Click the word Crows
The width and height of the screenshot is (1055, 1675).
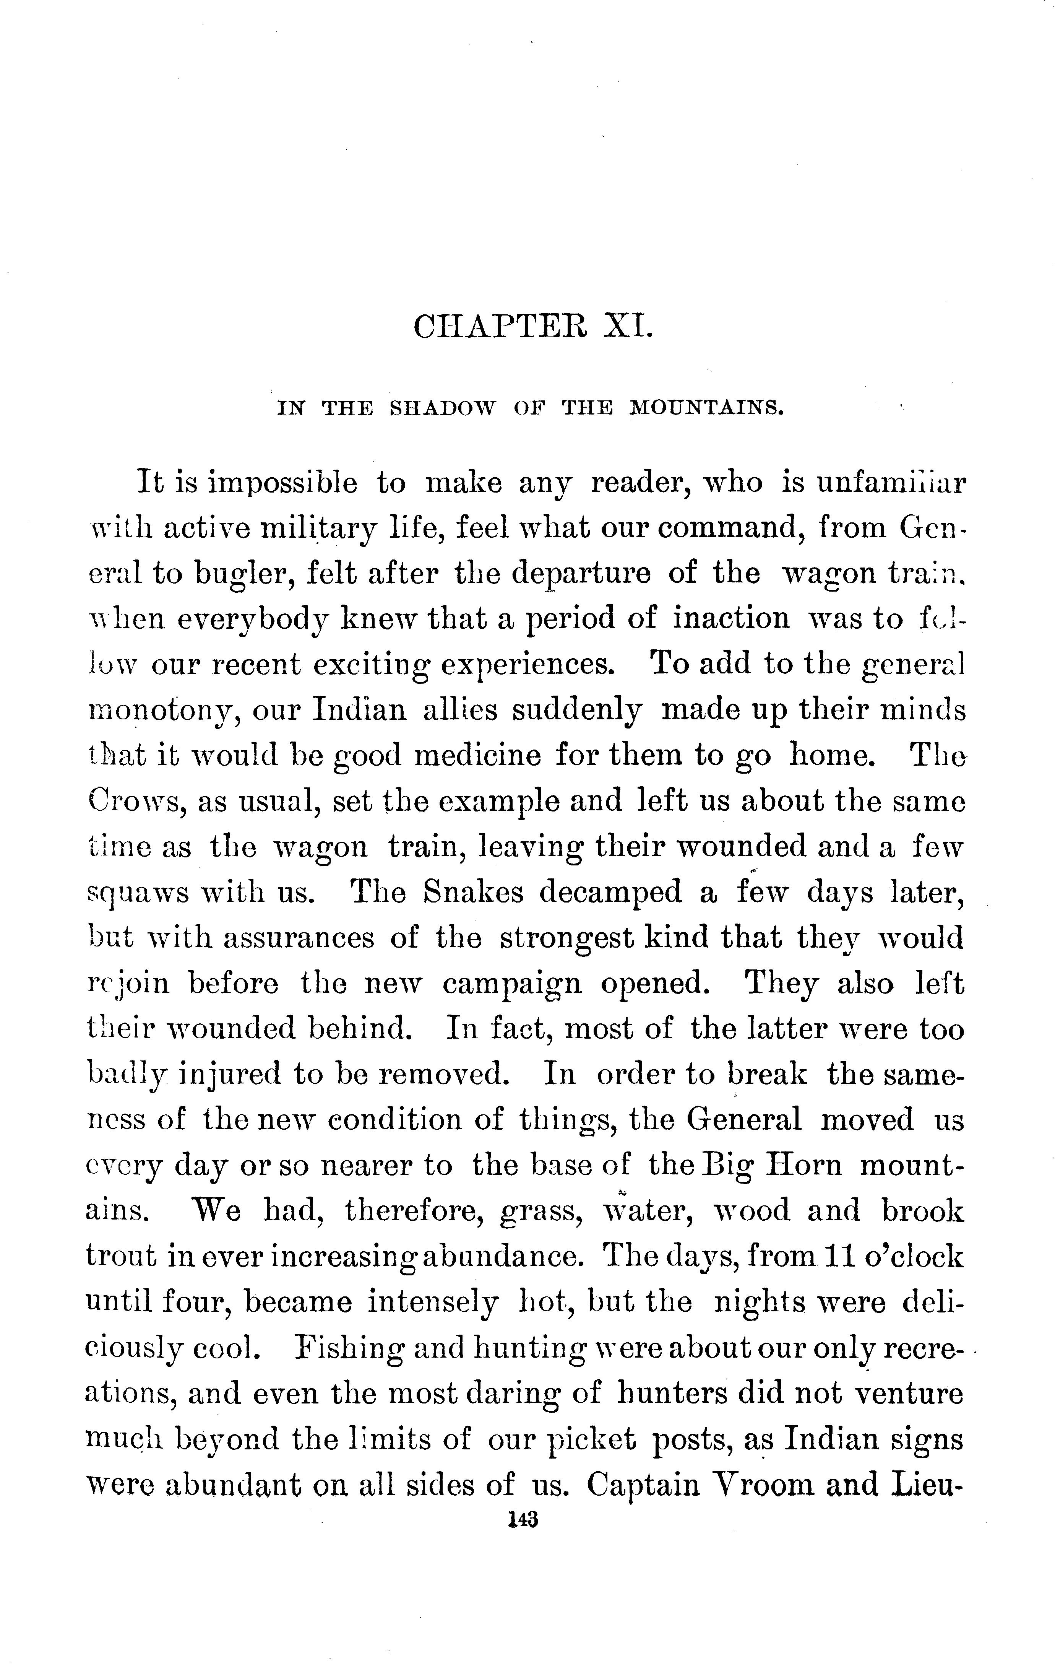point(133,801)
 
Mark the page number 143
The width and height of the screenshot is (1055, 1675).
point(524,1520)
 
